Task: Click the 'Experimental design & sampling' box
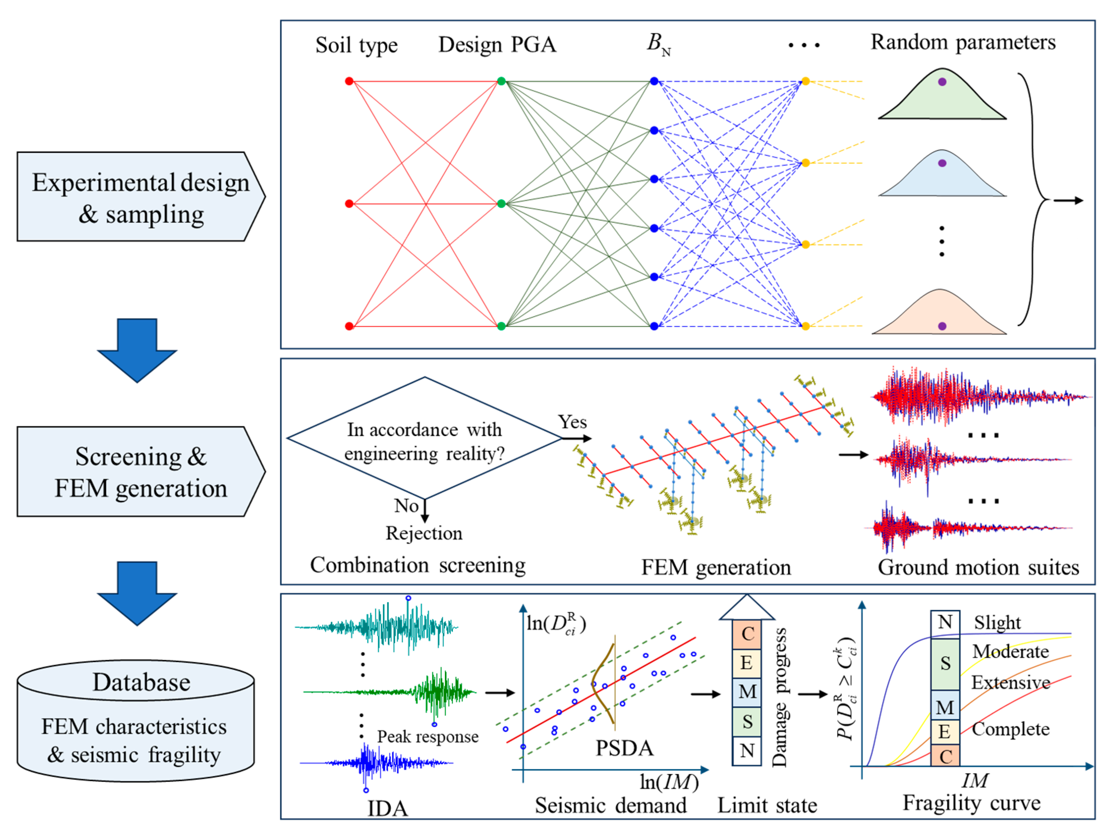point(140,197)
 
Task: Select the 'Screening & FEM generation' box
point(140,472)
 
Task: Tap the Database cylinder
point(136,721)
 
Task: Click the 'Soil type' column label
point(356,45)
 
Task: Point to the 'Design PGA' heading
point(497,45)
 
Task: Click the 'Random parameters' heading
point(963,42)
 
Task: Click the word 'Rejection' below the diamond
point(424,533)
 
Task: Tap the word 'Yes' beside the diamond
point(572,422)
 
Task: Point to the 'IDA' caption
point(387,808)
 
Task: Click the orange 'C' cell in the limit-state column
point(747,634)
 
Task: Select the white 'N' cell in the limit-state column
point(747,750)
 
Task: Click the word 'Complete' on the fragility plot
point(1010,729)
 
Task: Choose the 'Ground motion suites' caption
point(978,567)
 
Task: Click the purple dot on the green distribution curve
point(942,82)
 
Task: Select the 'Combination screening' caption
point(418,565)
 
